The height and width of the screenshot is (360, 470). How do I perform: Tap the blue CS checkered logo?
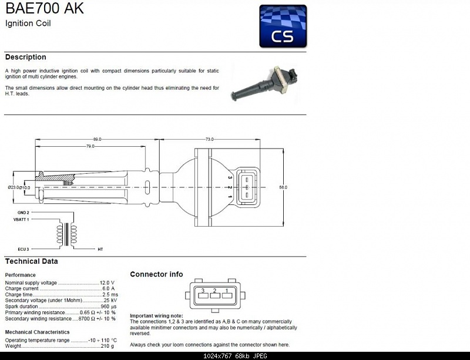click(283, 26)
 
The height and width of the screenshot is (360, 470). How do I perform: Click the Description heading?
click(25, 57)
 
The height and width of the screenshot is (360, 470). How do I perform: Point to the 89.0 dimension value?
click(97, 139)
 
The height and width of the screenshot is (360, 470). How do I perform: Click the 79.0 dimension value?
click(90, 146)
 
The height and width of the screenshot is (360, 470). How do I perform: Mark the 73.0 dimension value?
click(209, 139)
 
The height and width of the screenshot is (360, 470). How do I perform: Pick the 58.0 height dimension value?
click(283, 187)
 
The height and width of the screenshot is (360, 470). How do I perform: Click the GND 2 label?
click(23, 212)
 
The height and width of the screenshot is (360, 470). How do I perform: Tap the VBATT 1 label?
click(22, 218)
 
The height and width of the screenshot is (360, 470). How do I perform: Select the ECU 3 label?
click(23, 249)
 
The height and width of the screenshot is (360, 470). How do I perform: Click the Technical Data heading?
click(31, 261)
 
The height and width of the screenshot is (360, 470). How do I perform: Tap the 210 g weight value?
click(108, 346)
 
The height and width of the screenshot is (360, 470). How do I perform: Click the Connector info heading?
click(156, 274)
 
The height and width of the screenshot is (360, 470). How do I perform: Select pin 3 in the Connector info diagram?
click(202, 291)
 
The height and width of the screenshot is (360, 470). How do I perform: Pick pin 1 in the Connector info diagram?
click(227, 291)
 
